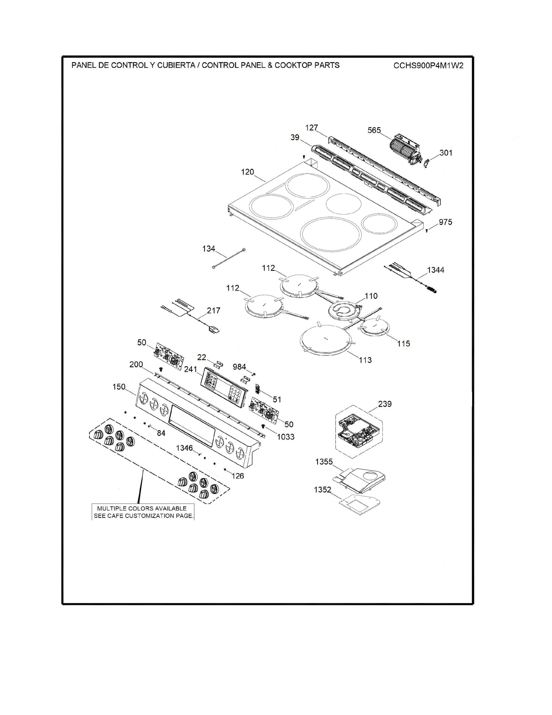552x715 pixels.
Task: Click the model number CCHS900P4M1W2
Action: click(x=428, y=66)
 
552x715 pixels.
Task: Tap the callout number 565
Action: click(x=374, y=130)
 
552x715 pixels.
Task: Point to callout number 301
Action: click(x=446, y=153)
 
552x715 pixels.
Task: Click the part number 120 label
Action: click(x=247, y=172)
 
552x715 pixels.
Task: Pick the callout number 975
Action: click(x=445, y=222)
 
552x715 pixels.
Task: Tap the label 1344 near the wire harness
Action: click(x=436, y=270)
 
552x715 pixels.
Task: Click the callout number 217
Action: click(x=213, y=311)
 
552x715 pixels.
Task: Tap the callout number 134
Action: click(x=209, y=249)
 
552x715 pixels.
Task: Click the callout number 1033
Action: click(x=286, y=437)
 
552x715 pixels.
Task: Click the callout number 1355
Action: click(x=324, y=462)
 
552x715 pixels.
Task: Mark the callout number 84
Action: click(x=161, y=433)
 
